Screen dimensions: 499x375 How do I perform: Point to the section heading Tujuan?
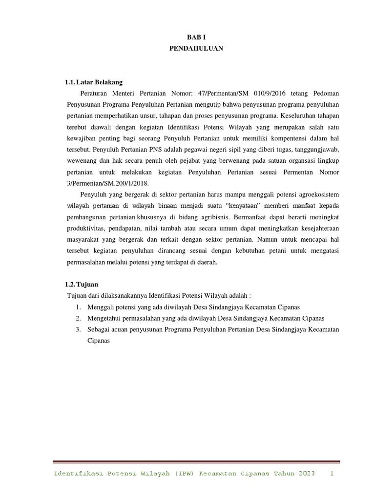pyautogui.click(x=89, y=284)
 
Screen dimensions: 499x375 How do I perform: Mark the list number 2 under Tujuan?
pyautogui.click(x=78, y=318)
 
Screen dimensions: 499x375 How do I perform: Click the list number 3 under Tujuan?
pyautogui.click(x=78, y=329)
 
